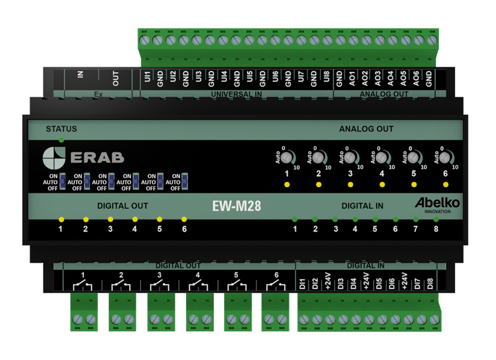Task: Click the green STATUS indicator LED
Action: pos(61,140)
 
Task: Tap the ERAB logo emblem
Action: pos(54,158)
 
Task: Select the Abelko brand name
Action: pos(437,203)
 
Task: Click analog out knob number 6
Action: pos(445,158)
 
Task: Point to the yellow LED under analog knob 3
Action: pos(351,184)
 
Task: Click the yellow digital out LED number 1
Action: pos(61,219)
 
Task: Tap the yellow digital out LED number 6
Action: pos(184,219)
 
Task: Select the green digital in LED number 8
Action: pos(436,219)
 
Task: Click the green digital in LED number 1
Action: pos(295,219)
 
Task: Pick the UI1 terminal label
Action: pos(148,78)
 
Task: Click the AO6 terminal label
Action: pos(416,78)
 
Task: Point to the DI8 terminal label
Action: pos(430,283)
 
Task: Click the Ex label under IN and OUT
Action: pos(98,94)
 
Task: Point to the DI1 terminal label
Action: pos(303,283)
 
